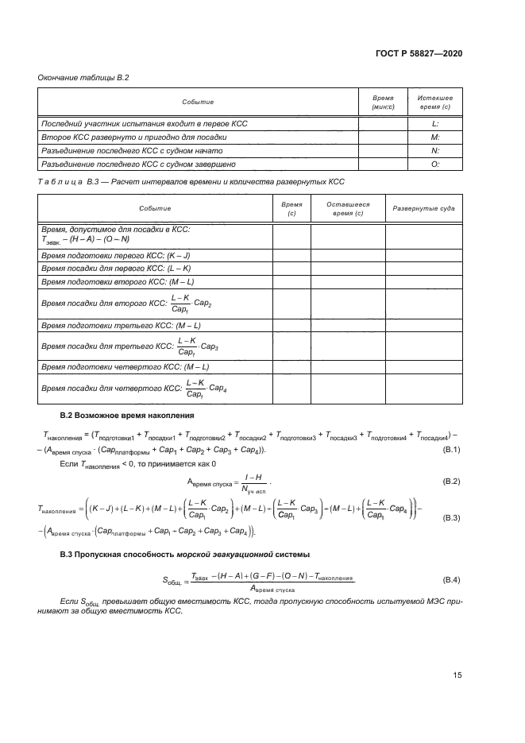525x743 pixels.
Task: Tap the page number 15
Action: pos(457,675)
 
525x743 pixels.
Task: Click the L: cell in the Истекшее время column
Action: pos(435,124)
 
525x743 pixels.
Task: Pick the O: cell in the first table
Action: pos(435,164)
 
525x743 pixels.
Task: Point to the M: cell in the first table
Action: pos(435,137)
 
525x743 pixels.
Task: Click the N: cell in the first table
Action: pos(435,150)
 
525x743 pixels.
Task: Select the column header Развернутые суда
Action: pos(424,209)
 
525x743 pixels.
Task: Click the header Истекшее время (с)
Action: pos(435,102)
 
